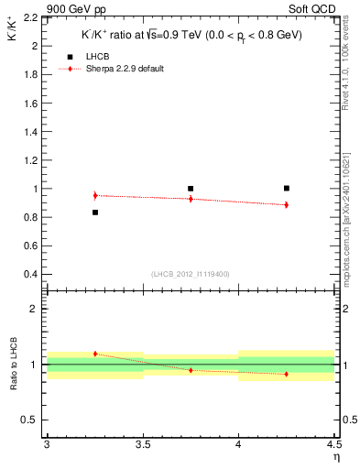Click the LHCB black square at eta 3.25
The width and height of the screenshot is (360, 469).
[94, 213]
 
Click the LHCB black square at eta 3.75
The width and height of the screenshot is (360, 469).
[191, 189]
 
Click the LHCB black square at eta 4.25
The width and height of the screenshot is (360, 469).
[287, 188]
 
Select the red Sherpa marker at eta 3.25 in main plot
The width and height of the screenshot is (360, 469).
[94, 195]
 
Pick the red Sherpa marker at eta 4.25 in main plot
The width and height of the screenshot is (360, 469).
[287, 204]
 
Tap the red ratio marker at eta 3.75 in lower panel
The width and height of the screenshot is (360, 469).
[191, 370]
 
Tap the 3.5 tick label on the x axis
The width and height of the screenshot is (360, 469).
[142, 445]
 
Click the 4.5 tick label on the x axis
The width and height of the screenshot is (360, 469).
[333, 445]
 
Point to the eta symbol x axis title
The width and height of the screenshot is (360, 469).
[335, 457]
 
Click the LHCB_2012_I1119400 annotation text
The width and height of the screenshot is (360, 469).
[190, 274]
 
